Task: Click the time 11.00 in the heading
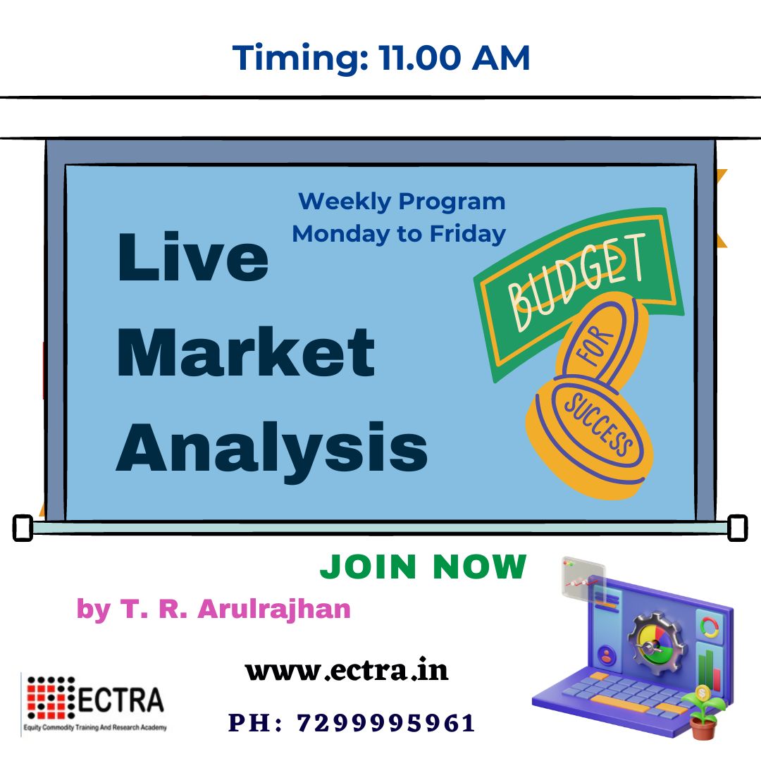419,58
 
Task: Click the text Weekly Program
402,202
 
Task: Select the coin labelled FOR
601,342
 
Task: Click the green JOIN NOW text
423,567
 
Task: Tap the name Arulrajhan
273,609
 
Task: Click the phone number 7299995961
386,723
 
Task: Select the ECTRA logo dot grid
51,698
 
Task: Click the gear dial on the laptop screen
655,643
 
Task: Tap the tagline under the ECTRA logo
95,727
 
